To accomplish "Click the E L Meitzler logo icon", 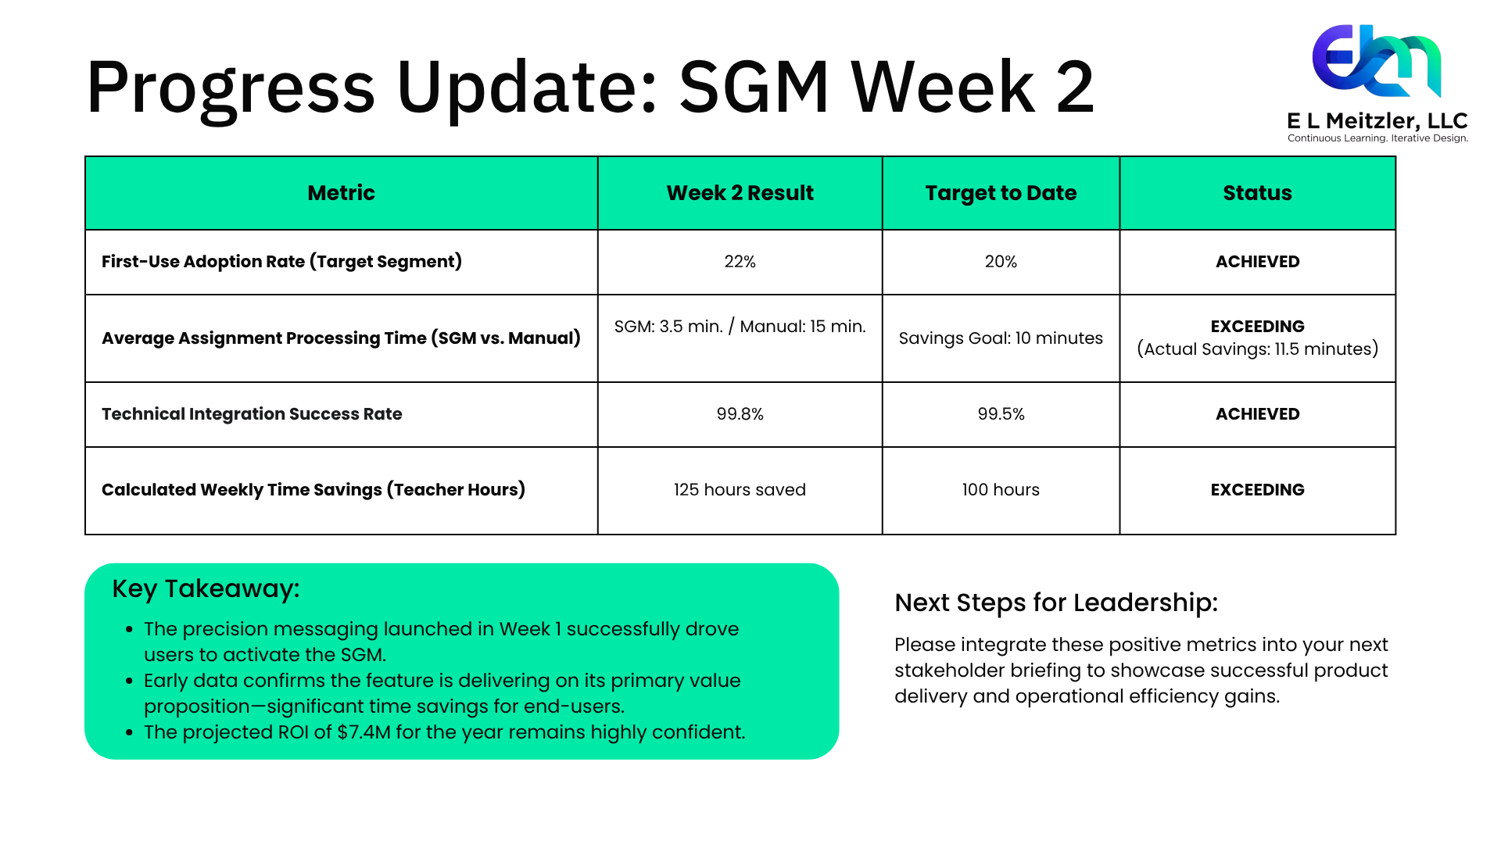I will pyautogui.click(x=1377, y=61).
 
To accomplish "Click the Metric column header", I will pyautogui.click(x=341, y=193).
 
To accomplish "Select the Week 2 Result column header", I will pyautogui.click(x=740, y=193).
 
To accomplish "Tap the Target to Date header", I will pyautogui.click(x=1001, y=193).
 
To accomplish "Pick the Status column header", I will pyautogui.click(x=1257, y=193).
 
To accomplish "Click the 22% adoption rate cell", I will pyautogui.click(x=740, y=262).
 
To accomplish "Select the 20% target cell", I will pyautogui.click(x=1001, y=262).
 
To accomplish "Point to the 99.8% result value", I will pyautogui.click(x=740, y=414).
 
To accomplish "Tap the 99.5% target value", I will pyautogui.click(x=1001, y=414).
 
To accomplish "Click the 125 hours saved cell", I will pyautogui.click(x=740, y=490).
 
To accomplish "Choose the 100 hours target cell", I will pyautogui.click(x=1001, y=490).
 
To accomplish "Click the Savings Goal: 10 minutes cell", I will pyautogui.click(x=1001, y=338).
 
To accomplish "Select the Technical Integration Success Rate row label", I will pyautogui.click(x=252, y=414).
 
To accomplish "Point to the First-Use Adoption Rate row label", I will pyautogui.click(x=281, y=262).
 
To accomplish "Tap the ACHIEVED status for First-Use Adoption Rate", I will pyautogui.click(x=1257, y=262).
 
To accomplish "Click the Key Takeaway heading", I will pyautogui.click(x=206, y=588).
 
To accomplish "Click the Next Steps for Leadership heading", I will pyautogui.click(x=1056, y=603).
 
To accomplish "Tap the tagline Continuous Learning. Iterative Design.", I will pyautogui.click(x=1377, y=138).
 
